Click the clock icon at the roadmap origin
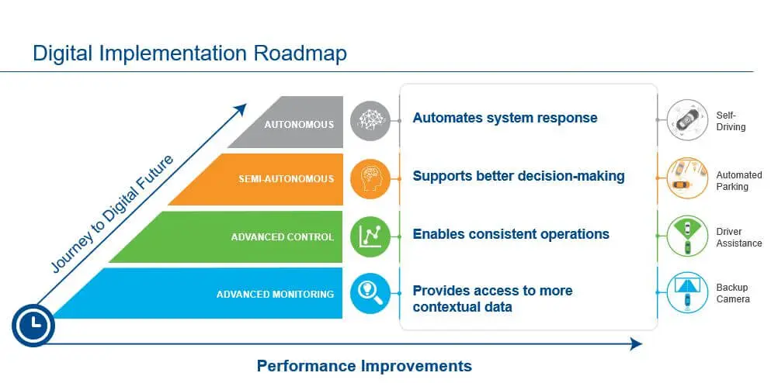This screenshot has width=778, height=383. click(33, 325)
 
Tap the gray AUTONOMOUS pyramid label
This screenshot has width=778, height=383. click(299, 124)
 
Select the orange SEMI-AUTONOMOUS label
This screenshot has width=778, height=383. click(287, 179)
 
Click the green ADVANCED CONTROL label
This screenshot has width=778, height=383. click(283, 236)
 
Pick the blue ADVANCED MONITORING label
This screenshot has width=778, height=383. click(275, 295)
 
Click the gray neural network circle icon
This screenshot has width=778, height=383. click(370, 120)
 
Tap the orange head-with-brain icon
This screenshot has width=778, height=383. click(370, 179)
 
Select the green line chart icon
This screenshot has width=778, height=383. click(370, 236)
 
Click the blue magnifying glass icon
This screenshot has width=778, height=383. click(370, 294)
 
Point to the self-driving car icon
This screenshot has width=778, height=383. click(687, 120)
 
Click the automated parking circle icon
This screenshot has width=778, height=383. click(687, 178)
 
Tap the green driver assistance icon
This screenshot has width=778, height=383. click(687, 236)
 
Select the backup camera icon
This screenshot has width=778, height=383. click(687, 292)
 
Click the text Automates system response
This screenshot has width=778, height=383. click(505, 118)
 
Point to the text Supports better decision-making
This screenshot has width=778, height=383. click(519, 176)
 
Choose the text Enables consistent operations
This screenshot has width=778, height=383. click(511, 234)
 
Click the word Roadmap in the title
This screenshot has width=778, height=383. click(300, 53)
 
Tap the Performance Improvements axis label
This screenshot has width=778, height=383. click(364, 366)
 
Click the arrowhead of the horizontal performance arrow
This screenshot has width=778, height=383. click(636, 344)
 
